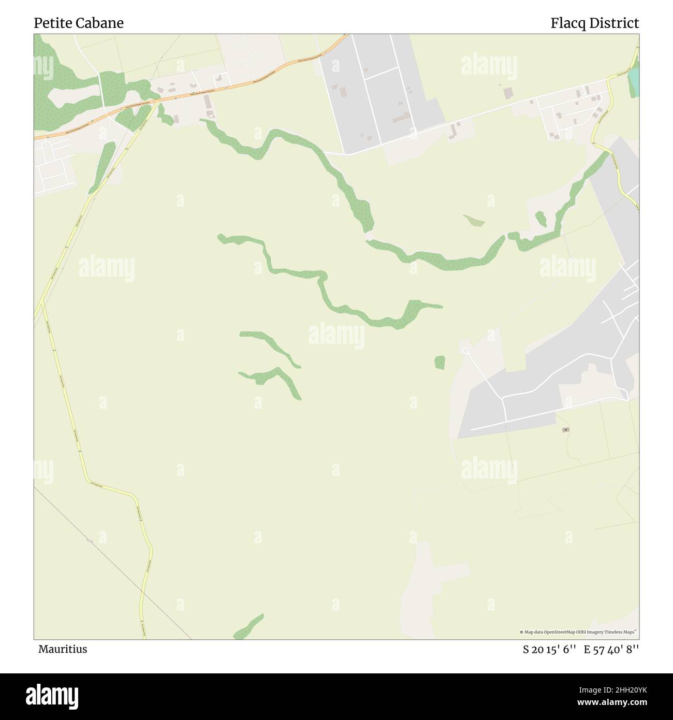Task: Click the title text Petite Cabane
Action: point(79,23)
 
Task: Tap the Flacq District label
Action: point(594,23)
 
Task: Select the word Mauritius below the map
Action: point(63,649)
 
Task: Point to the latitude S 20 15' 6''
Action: point(549,649)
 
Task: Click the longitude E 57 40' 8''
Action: point(611,649)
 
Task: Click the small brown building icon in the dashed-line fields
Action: point(566,429)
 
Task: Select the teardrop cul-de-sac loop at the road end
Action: point(464,352)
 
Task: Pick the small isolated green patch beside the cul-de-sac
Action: point(440,362)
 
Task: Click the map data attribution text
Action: point(578,632)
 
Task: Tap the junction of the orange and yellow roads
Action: point(156,101)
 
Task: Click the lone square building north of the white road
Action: point(508,93)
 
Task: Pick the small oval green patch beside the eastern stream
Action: point(541,218)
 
